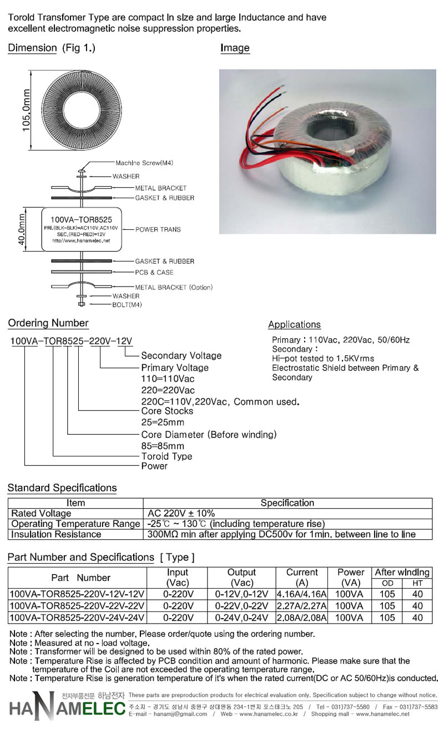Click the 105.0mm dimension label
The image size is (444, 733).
coord(26,111)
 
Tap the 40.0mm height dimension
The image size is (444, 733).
coord(21,229)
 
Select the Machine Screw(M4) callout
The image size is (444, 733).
coord(144,163)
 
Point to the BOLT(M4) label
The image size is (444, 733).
coord(127,305)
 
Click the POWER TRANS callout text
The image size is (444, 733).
coord(158,229)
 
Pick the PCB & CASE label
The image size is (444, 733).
coord(154,272)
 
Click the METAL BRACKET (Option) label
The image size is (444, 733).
coord(174,287)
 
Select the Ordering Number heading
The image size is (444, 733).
coord(48,323)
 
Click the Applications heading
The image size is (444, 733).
coord(294,324)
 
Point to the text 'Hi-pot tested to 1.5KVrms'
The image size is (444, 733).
coord(323,358)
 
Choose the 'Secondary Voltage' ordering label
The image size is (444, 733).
coord(181,355)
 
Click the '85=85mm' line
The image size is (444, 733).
coord(163,446)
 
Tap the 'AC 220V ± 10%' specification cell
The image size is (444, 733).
coord(181,513)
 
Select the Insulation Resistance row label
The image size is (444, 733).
coord(56,534)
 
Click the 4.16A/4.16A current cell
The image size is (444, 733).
coord(301,594)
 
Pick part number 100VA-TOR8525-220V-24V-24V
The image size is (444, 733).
coord(77,617)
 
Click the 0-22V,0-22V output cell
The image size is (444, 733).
coord(241,606)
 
